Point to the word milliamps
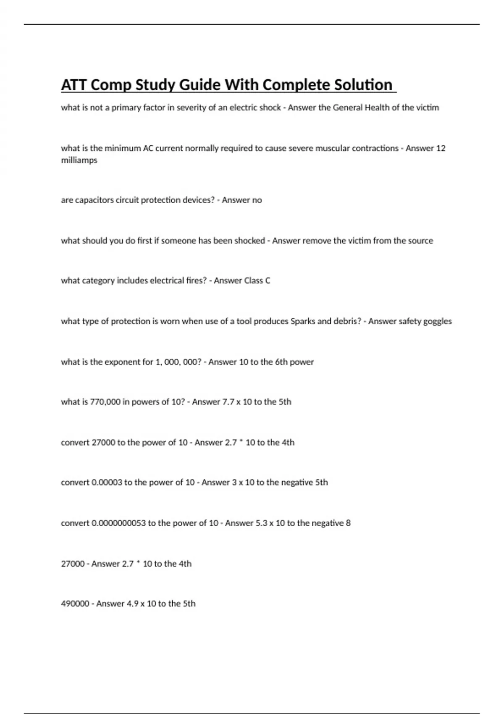79,160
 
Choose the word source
420,241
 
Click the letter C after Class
268,281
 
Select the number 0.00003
107,483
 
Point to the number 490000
75,604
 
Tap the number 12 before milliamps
441,148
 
